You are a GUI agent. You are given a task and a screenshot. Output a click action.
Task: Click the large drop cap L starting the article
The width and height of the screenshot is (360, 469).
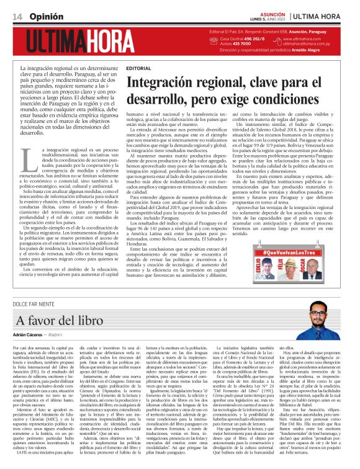click(x=29, y=159)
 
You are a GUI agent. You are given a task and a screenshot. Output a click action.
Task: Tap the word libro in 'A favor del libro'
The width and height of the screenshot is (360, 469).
click(x=76, y=321)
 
